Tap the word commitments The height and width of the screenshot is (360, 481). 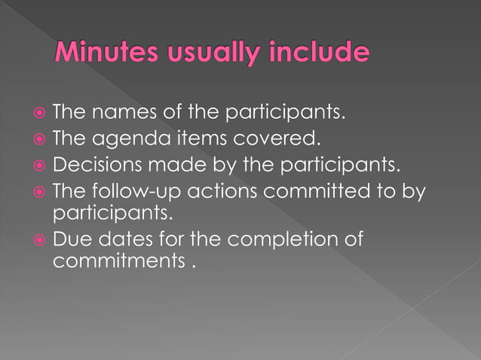pyautogui.click(x=114, y=263)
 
